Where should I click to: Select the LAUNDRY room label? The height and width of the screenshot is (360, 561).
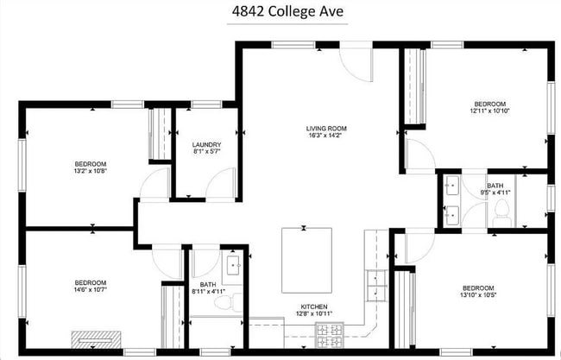(205, 144)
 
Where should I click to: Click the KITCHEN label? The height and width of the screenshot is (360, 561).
(312, 306)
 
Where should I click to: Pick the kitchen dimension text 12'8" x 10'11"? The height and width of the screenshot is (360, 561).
(312, 313)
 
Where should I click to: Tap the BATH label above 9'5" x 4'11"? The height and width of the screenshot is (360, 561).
(495, 186)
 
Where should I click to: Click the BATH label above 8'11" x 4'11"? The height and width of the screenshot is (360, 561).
(208, 284)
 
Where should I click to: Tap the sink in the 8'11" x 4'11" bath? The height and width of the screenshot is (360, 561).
(233, 266)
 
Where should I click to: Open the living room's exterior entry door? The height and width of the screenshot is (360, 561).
(355, 60)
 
